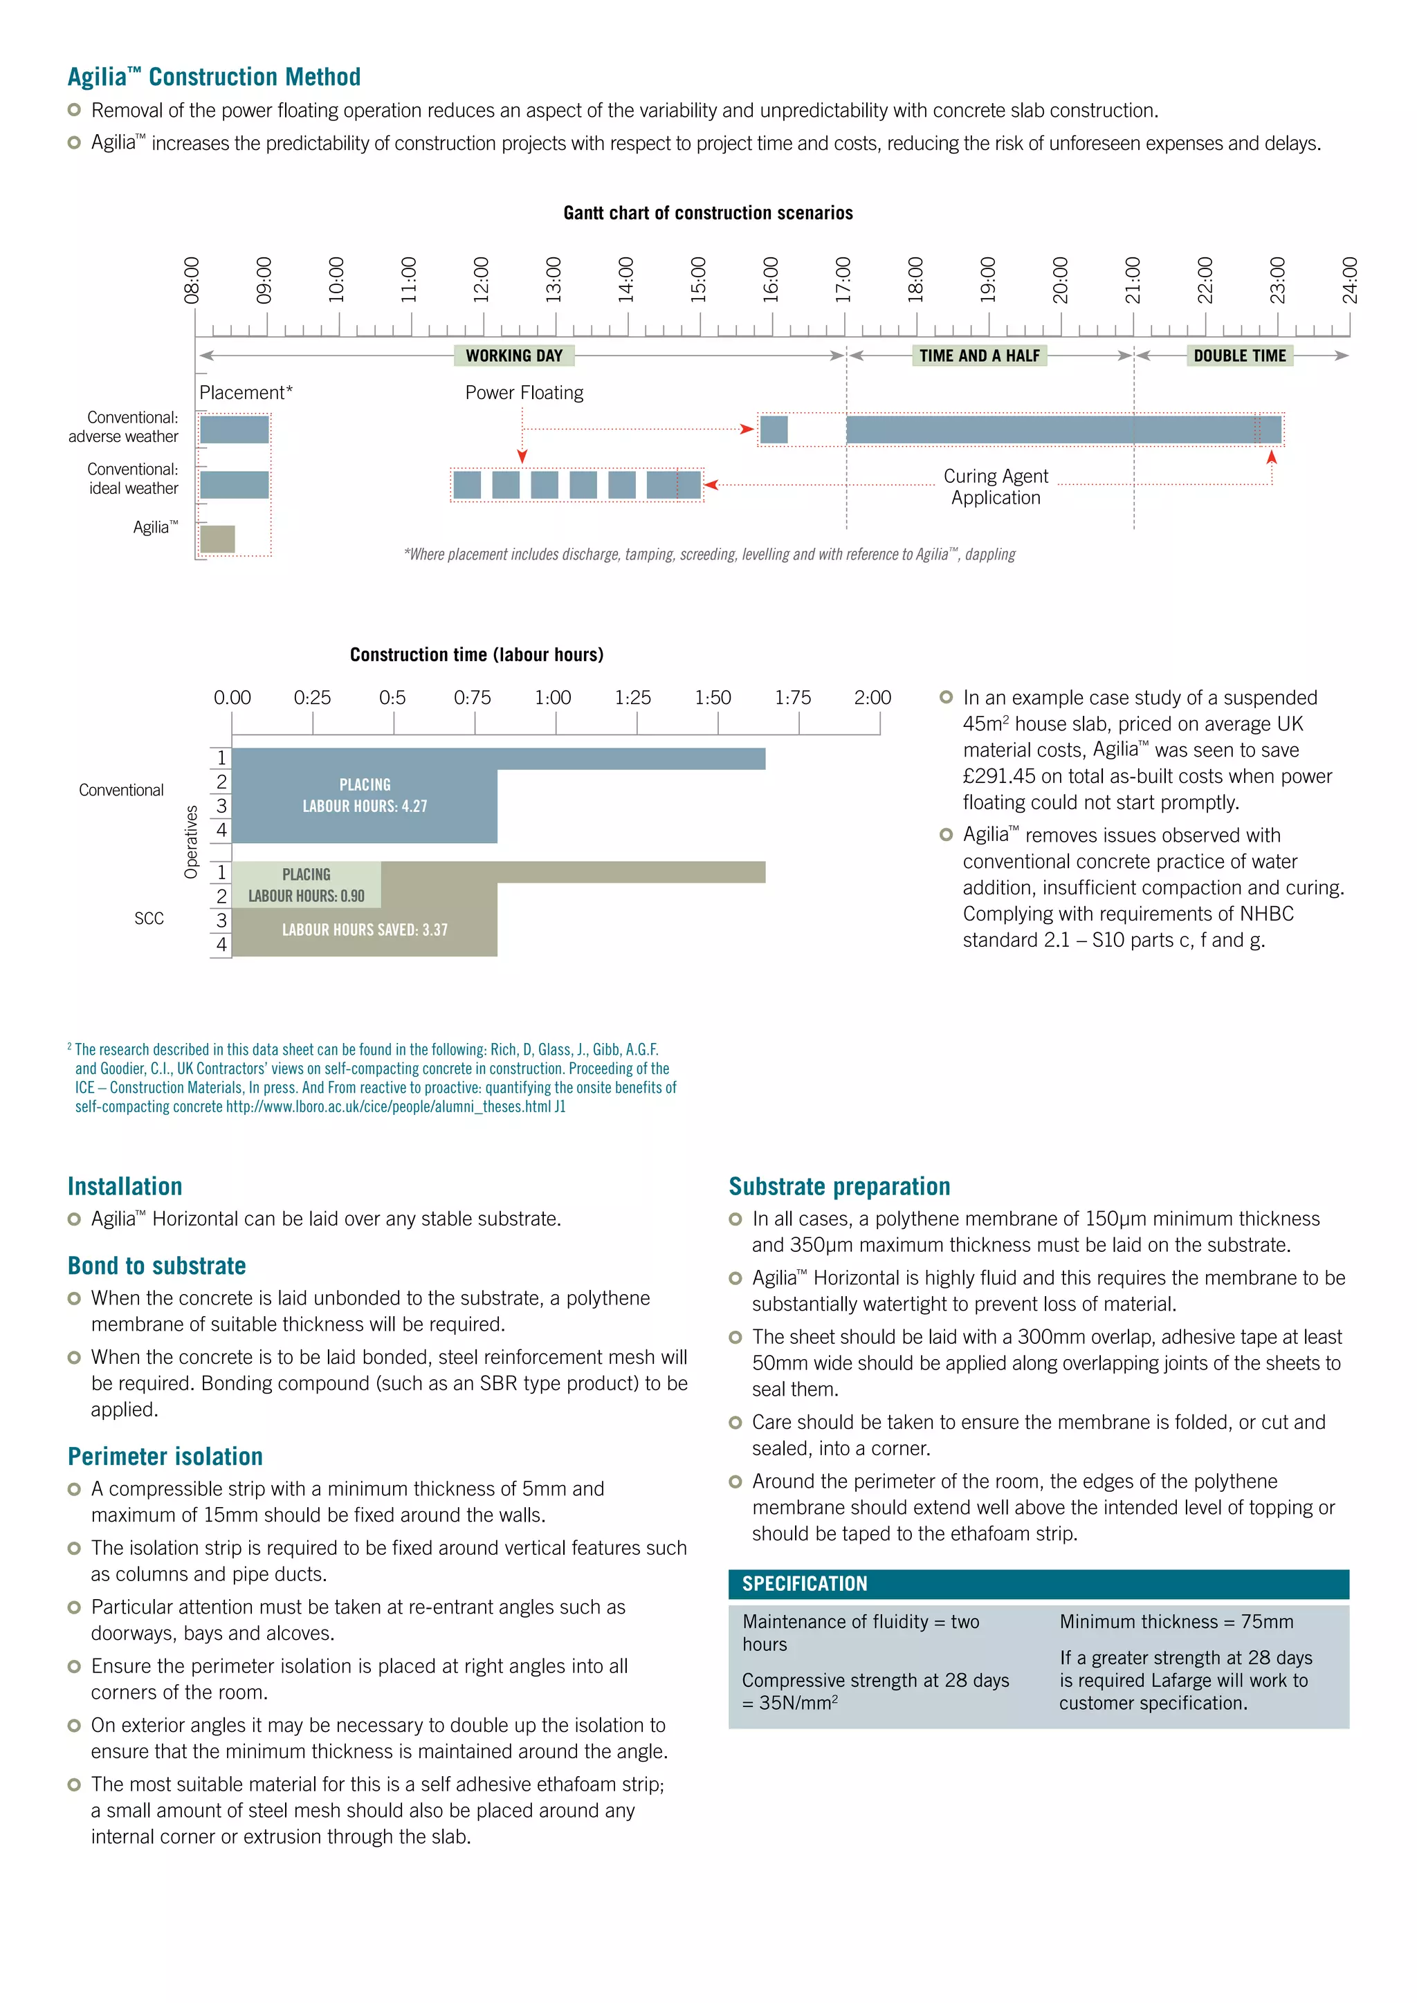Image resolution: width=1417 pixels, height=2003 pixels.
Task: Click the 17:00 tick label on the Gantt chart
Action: pyautogui.click(x=843, y=280)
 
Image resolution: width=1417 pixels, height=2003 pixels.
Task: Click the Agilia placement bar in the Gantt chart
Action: pyautogui.click(x=217, y=539)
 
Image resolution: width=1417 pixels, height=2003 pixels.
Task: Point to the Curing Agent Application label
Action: pyautogui.click(x=996, y=487)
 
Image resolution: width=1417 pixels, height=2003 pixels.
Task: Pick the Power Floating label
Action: pyautogui.click(x=524, y=393)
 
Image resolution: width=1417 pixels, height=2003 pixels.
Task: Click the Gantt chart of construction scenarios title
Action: pyautogui.click(x=708, y=213)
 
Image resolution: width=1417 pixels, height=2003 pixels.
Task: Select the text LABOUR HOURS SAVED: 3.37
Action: pyautogui.click(x=365, y=930)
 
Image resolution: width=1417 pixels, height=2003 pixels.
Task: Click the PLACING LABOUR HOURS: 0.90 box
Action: pyautogui.click(x=307, y=885)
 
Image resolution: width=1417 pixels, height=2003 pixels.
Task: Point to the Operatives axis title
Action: pyautogui.click(x=191, y=842)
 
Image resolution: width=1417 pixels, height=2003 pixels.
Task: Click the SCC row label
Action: pyautogui.click(x=149, y=919)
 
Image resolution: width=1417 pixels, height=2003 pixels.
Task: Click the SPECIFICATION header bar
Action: pyautogui.click(x=1039, y=1583)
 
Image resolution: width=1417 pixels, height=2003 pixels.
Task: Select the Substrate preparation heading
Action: pyautogui.click(x=839, y=1186)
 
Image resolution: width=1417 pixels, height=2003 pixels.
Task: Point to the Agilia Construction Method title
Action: pyautogui.click(x=214, y=77)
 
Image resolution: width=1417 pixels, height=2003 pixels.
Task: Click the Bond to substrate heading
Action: pyautogui.click(x=157, y=1266)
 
